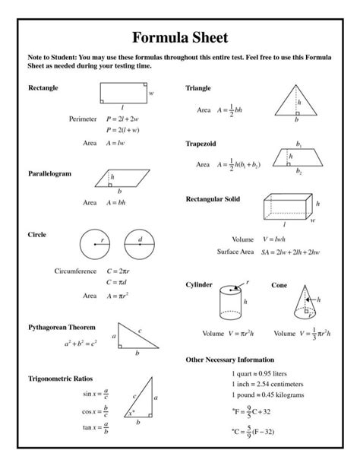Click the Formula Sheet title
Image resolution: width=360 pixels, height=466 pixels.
[179, 37]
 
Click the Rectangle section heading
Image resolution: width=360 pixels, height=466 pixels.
[43, 88]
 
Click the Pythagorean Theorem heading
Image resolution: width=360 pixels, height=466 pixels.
[62, 327]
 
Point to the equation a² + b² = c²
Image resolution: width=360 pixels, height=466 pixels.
[81, 344]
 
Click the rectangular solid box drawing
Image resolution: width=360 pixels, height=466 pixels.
[287, 205]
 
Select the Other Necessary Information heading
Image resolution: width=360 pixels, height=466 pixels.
[230, 359]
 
